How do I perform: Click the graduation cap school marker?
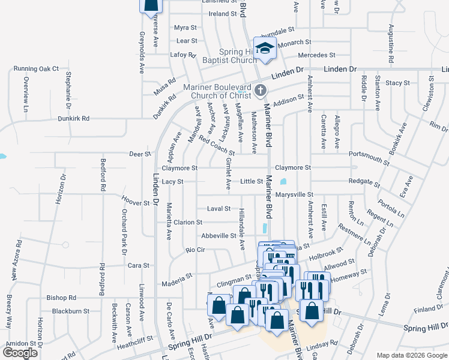[264, 48]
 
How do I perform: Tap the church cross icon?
[260, 91]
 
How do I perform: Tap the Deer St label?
[140, 154]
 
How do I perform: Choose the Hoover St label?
[135, 203]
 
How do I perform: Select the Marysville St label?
[294, 195]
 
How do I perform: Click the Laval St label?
[218, 209]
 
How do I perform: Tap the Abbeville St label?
[218, 236]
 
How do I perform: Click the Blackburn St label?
[70, 311]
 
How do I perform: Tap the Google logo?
[20, 353]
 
